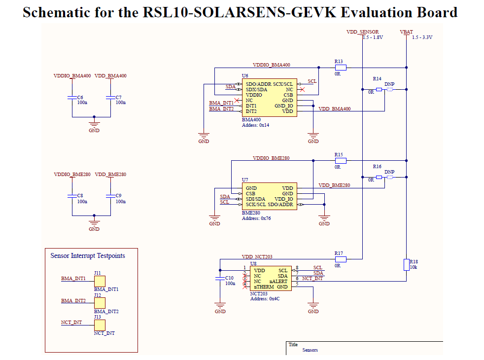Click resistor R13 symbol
coord(340,68)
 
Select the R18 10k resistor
coord(407,265)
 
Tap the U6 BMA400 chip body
coord(269,98)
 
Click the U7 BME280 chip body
coord(269,196)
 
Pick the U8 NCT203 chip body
coord(270,279)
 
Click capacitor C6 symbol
coord(71,99)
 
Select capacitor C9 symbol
coord(110,196)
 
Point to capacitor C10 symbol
coord(220,279)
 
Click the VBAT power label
coord(407,32)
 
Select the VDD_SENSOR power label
coord(362,32)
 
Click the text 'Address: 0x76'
coord(256,218)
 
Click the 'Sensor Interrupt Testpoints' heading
coord(88,255)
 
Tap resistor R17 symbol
coord(340,259)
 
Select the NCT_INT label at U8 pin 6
coord(312,279)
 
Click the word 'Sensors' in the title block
coord(310,350)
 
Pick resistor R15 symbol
coord(340,160)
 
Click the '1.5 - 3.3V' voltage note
coord(421,37)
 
